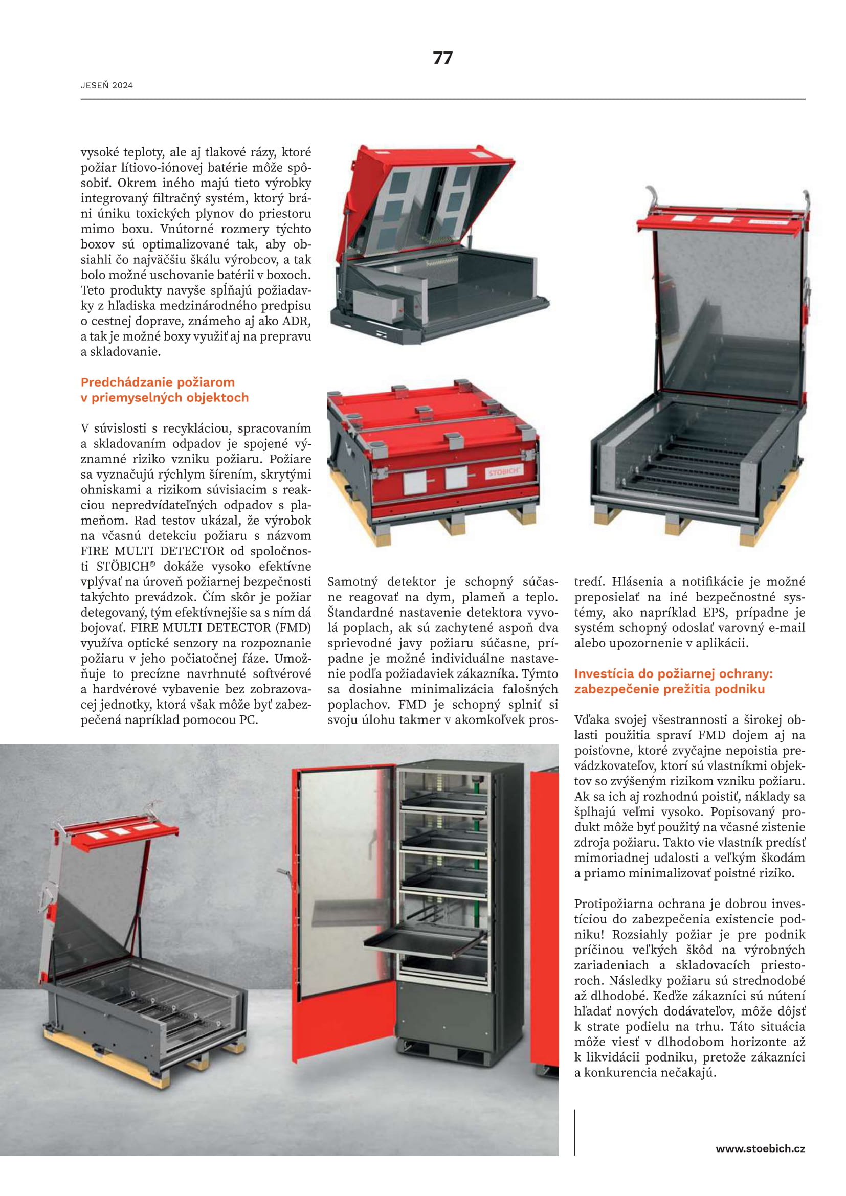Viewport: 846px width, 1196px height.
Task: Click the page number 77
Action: (x=442, y=57)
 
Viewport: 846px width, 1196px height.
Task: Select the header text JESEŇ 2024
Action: (x=107, y=86)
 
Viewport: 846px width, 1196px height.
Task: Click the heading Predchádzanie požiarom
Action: (x=158, y=382)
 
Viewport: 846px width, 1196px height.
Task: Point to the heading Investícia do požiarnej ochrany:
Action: (x=673, y=673)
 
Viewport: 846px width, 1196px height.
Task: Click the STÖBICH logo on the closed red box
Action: (x=503, y=472)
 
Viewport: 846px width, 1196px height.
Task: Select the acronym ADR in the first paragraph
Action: (x=297, y=321)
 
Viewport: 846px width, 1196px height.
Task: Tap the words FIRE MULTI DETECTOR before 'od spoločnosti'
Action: (x=152, y=551)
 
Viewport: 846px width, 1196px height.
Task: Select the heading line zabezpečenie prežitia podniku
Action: (x=670, y=689)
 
